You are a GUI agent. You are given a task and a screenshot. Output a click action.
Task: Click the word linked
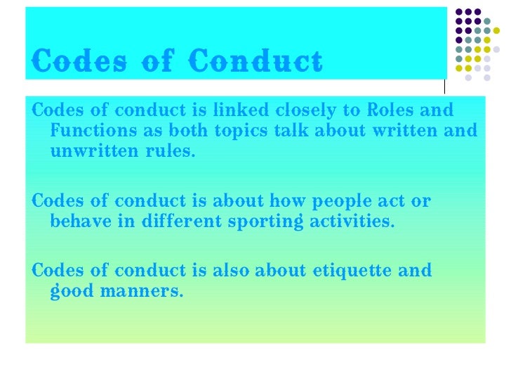(239, 111)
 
